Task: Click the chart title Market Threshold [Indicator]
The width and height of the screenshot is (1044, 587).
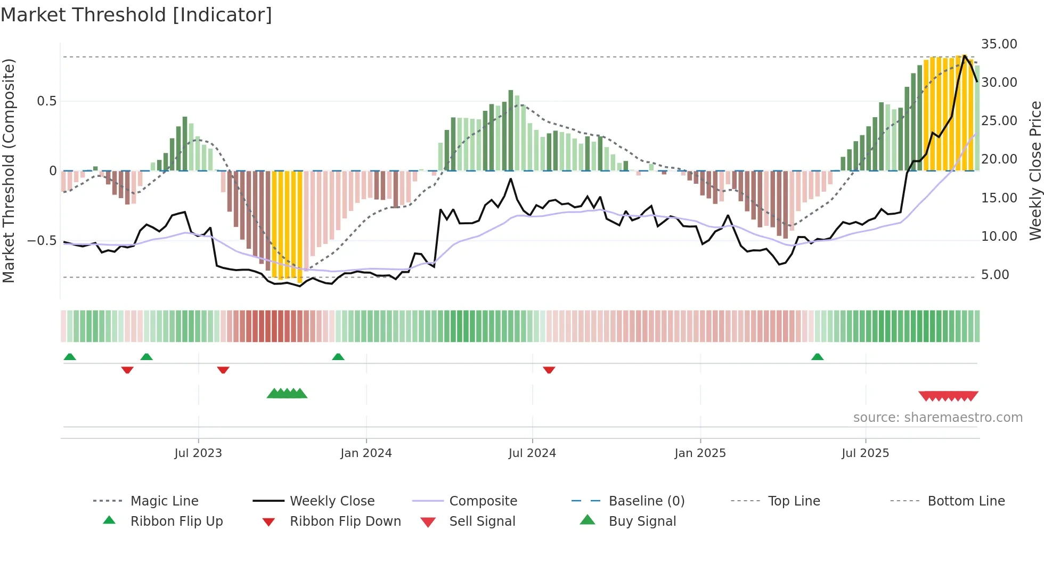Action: click(x=136, y=15)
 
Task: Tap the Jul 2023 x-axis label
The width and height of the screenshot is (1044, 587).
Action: click(x=198, y=453)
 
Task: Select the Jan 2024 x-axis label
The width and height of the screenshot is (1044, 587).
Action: click(x=366, y=453)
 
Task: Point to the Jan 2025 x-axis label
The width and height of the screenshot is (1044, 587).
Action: click(x=700, y=453)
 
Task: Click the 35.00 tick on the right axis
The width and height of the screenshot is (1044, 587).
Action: click(x=999, y=44)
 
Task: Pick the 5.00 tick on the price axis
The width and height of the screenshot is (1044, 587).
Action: click(x=994, y=275)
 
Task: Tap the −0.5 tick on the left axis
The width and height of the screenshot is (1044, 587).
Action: click(x=42, y=241)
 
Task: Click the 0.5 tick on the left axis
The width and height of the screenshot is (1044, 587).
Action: click(x=46, y=101)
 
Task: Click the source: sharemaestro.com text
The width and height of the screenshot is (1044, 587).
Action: click(x=937, y=418)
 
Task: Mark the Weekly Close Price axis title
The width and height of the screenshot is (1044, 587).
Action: click(x=1035, y=170)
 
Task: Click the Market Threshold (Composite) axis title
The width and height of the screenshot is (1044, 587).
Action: click(x=9, y=170)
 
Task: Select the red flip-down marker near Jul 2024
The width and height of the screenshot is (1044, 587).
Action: click(x=549, y=370)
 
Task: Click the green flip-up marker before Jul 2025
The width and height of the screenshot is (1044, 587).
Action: click(x=817, y=357)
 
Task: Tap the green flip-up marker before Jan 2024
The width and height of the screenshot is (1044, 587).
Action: click(x=338, y=357)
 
